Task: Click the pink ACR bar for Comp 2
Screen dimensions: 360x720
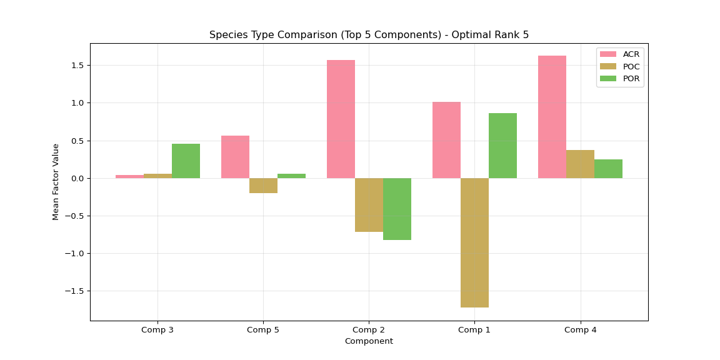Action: click(341, 119)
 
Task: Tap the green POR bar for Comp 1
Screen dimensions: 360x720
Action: click(502, 146)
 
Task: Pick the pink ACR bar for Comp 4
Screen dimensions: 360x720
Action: click(552, 117)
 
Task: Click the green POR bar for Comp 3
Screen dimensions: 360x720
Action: click(186, 161)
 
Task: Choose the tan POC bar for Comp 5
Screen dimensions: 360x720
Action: click(263, 186)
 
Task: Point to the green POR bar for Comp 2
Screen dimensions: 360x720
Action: click(397, 209)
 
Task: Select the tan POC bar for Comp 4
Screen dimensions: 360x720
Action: click(580, 164)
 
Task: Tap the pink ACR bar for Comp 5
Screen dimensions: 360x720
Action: click(235, 157)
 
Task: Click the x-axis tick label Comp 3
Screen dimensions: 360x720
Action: click(157, 329)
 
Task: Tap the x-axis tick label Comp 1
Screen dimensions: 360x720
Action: click(474, 329)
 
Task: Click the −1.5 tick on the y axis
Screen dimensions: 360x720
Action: click(75, 291)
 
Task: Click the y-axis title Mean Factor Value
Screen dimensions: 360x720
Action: click(56, 182)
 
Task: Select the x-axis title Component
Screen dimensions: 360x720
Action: click(369, 341)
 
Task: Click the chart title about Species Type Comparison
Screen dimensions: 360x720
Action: click(369, 35)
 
